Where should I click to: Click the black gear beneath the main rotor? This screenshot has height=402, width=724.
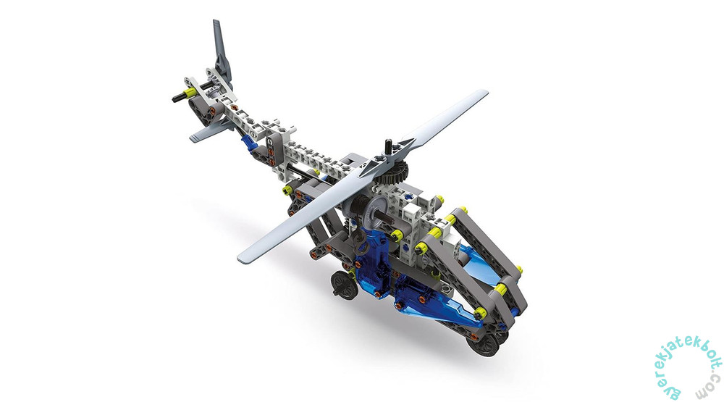coord(395,173)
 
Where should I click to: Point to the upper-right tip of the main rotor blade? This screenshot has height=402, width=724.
coord(487,93)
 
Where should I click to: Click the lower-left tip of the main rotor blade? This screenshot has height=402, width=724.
coord(241,258)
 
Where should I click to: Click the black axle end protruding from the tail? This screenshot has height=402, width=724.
coord(178,98)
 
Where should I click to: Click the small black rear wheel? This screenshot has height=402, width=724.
coord(344,285)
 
